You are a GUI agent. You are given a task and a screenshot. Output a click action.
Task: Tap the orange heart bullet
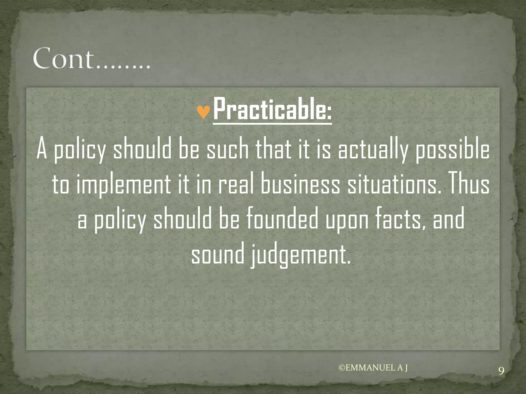tap(203, 112)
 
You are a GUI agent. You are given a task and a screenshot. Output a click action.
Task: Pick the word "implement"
tap(124, 185)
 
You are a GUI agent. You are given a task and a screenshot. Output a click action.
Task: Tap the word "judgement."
tap(300, 255)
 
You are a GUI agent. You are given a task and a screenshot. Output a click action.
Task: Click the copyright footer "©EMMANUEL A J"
tap(373, 368)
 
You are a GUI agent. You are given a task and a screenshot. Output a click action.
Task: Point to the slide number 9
tap(501, 371)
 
